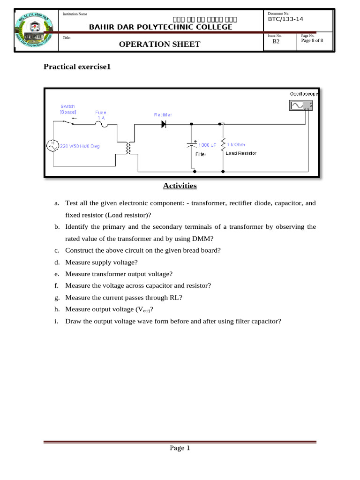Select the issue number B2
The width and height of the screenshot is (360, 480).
(x=276, y=41)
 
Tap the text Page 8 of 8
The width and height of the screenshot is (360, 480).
(x=312, y=40)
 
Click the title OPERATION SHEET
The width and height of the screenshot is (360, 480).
(x=159, y=44)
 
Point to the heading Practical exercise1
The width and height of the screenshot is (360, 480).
(x=77, y=67)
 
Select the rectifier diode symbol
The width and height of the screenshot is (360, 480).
(x=164, y=124)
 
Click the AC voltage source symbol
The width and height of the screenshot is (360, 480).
(x=52, y=146)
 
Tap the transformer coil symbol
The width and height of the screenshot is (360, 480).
(x=127, y=148)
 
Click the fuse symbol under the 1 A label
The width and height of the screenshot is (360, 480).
(x=101, y=123)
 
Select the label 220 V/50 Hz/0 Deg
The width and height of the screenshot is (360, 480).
(x=80, y=146)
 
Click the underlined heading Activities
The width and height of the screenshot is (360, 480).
(x=180, y=186)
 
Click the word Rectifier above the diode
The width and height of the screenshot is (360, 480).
(x=163, y=114)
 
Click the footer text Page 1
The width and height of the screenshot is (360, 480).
(x=180, y=448)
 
